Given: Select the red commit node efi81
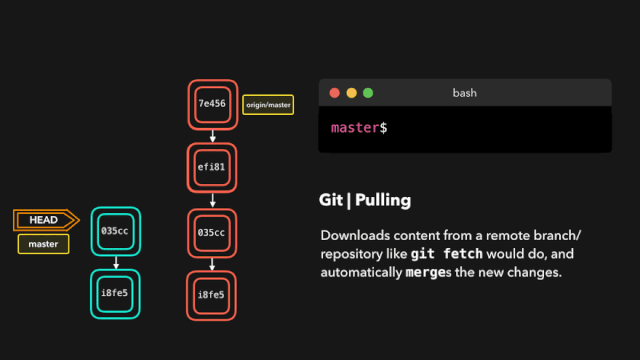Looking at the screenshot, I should (x=213, y=169).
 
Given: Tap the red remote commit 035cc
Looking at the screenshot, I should (x=213, y=232).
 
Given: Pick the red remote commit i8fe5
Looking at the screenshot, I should (x=213, y=295).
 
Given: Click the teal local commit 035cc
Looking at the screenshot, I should (x=115, y=231).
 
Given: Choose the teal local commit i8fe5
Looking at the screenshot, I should (x=115, y=294).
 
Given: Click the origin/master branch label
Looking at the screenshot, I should (x=268, y=102).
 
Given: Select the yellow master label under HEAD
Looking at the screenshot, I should (x=43, y=244).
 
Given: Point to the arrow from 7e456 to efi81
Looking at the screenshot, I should (x=213, y=137).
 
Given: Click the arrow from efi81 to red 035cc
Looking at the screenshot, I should (x=213, y=200).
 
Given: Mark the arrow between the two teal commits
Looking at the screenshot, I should (x=115, y=262).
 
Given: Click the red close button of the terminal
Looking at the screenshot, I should (x=335, y=93).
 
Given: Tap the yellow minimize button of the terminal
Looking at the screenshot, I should (x=351, y=93).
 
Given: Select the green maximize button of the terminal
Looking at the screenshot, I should (x=367, y=93).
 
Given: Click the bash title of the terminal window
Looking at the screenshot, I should (x=464, y=93).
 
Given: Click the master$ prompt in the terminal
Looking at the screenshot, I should (x=359, y=128).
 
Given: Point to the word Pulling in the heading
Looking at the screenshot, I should (x=381, y=200).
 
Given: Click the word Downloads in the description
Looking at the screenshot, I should (x=356, y=235).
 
